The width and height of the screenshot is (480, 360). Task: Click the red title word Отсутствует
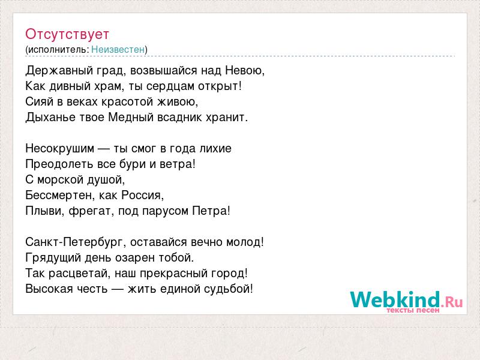(67, 34)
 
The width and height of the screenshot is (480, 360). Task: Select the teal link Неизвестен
(118, 49)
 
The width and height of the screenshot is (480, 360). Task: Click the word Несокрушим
(60, 149)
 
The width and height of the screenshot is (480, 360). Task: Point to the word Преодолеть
(59, 164)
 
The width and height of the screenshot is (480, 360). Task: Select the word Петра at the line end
(209, 211)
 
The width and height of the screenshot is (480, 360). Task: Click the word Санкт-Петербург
(74, 242)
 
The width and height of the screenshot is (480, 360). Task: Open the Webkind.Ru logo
(407, 302)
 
